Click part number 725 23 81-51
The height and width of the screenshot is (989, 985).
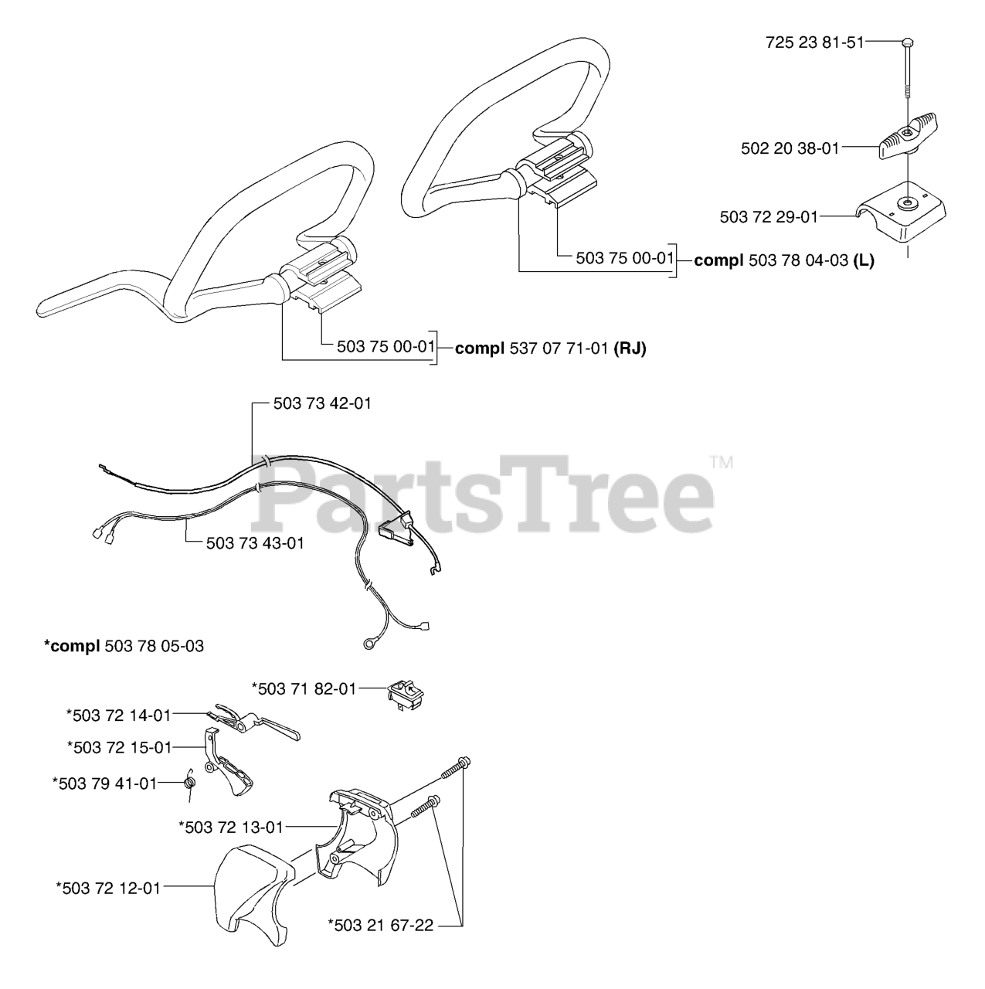[814, 42]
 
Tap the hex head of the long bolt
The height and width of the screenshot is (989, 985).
[907, 42]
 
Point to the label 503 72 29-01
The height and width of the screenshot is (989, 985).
[769, 217]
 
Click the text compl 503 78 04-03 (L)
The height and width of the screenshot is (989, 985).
[784, 260]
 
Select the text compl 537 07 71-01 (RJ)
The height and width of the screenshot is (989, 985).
[550, 348]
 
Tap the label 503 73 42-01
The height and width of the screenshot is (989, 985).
[322, 403]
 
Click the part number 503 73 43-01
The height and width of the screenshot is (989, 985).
[255, 543]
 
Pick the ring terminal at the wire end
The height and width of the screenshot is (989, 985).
[368, 643]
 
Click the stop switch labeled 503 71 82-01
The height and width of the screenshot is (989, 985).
[406, 695]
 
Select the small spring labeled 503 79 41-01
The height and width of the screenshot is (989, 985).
[190, 784]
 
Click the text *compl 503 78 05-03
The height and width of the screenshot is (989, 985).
[124, 646]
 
